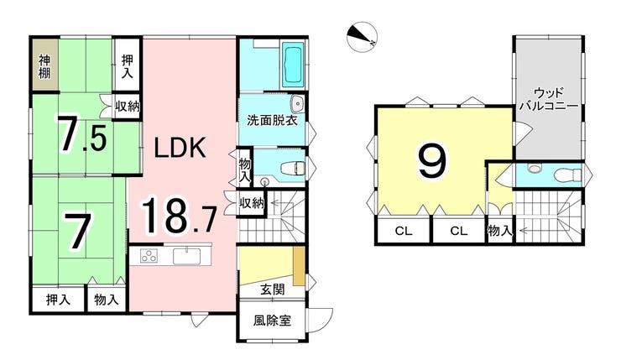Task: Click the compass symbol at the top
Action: [x=362, y=36]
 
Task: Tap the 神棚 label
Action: [x=44, y=66]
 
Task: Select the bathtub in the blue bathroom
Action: [x=294, y=68]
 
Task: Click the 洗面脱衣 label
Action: [x=272, y=120]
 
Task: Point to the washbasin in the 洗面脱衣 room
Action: [x=296, y=104]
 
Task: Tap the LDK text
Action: [x=180, y=148]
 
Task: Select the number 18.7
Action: [x=179, y=216]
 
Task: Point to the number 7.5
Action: [x=83, y=133]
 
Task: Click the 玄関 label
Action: [x=273, y=290]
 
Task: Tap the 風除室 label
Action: [x=272, y=320]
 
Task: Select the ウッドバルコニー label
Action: [x=549, y=99]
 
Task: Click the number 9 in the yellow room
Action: [x=432, y=160]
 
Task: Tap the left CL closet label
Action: [x=404, y=232]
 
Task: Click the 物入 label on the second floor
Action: [x=500, y=231]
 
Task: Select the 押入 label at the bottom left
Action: [x=58, y=300]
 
